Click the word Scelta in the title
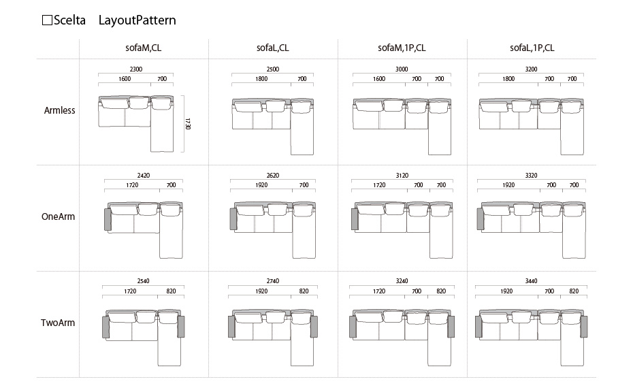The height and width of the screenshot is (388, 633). (x=69, y=20)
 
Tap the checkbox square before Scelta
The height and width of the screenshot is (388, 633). (x=47, y=20)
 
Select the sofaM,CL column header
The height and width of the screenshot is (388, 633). (x=144, y=48)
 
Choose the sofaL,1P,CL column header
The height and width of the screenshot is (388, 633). (x=532, y=48)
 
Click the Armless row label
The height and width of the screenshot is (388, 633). (x=59, y=110)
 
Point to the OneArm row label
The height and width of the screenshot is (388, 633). (x=58, y=216)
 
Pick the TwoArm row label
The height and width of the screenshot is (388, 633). (x=58, y=323)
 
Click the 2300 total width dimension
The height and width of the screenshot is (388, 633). (x=136, y=69)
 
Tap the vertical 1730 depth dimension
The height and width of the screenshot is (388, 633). (x=187, y=123)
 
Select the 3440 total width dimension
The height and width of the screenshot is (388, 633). (x=532, y=281)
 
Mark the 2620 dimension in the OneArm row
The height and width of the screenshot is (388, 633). (x=273, y=175)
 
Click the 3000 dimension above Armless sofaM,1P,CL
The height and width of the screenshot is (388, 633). (x=402, y=69)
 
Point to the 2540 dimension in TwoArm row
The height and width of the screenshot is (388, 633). (x=144, y=281)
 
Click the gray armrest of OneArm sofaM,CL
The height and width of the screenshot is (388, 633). (x=108, y=220)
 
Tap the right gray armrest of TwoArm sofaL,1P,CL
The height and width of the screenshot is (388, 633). (x=584, y=327)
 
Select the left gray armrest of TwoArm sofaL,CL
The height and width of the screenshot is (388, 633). (x=231, y=327)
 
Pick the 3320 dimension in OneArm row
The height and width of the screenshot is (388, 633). (x=532, y=175)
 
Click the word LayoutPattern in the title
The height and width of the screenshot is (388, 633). (x=137, y=20)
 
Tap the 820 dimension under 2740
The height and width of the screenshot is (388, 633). (x=304, y=291)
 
